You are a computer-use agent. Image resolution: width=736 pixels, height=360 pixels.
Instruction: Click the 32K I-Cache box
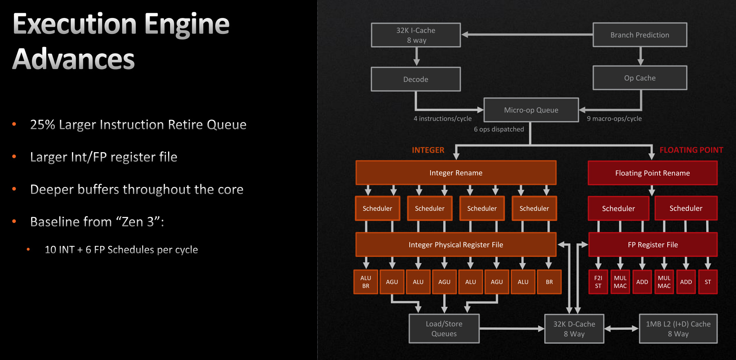point(416,35)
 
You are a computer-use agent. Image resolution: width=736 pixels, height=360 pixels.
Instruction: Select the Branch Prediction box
point(640,35)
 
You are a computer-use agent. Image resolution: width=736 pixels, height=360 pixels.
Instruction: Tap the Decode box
point(416,79)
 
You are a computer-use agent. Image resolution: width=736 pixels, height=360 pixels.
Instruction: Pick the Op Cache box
point(640,78)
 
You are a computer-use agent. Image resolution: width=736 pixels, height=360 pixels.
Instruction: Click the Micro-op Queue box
point(531,110)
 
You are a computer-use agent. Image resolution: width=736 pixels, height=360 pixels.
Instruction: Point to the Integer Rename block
point(456,173)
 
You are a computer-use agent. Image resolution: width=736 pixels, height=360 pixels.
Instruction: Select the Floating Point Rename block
point(653,173)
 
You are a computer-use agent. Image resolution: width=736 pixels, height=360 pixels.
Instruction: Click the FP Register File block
point(653,245)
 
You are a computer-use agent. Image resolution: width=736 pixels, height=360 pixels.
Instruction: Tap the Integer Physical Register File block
point(456,245)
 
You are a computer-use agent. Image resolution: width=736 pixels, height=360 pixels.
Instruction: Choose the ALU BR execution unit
point(366,282)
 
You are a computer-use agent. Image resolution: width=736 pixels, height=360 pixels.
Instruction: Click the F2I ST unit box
point(598,282)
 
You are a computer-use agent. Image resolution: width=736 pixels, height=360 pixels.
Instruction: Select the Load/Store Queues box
point(444,328)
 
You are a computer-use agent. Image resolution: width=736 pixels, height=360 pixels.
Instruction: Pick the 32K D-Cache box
point(574,328)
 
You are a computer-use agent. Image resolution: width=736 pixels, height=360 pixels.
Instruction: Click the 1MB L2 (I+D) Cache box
point(678,328)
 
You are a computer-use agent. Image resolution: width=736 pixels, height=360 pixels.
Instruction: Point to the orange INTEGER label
point(428,150)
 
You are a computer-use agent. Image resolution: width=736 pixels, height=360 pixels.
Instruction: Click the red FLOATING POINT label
point(691,150)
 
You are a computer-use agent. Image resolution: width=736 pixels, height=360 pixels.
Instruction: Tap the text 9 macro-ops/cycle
point(614,119)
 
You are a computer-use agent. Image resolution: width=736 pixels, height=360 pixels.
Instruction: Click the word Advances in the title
point(74,59)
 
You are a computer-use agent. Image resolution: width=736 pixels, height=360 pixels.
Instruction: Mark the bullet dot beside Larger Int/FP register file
point(14,156)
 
